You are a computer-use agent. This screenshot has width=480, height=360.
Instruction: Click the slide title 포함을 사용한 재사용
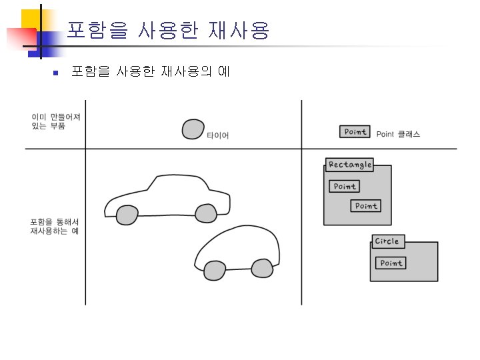click(168, 30)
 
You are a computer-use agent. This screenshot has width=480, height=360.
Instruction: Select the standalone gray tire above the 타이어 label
click(193, 129)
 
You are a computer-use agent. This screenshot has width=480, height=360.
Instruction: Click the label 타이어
click(217, 135)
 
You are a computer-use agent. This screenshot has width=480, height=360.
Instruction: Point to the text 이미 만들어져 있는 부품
click(55, 121)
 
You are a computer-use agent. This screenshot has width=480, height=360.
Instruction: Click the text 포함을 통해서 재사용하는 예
click(55, 226)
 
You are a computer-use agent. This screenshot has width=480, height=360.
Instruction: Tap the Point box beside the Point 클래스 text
click(355, 132)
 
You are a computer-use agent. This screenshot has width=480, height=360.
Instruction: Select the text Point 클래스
click(398, 134)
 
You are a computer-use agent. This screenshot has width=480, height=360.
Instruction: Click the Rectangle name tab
click(349, 165)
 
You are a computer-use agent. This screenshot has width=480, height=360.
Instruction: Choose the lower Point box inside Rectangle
click(365, 206)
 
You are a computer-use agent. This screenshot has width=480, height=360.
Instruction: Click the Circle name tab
click(387, 241)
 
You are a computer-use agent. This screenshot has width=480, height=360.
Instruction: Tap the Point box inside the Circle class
click(391, 263)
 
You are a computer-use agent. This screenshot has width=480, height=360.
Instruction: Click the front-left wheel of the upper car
click(127, 215)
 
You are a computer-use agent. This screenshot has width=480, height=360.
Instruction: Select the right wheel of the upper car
click(206, 213)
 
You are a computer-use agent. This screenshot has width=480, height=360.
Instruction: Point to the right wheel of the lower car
click(262, 268)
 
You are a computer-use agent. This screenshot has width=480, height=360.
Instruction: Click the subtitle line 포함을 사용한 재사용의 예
click(150, 71)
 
